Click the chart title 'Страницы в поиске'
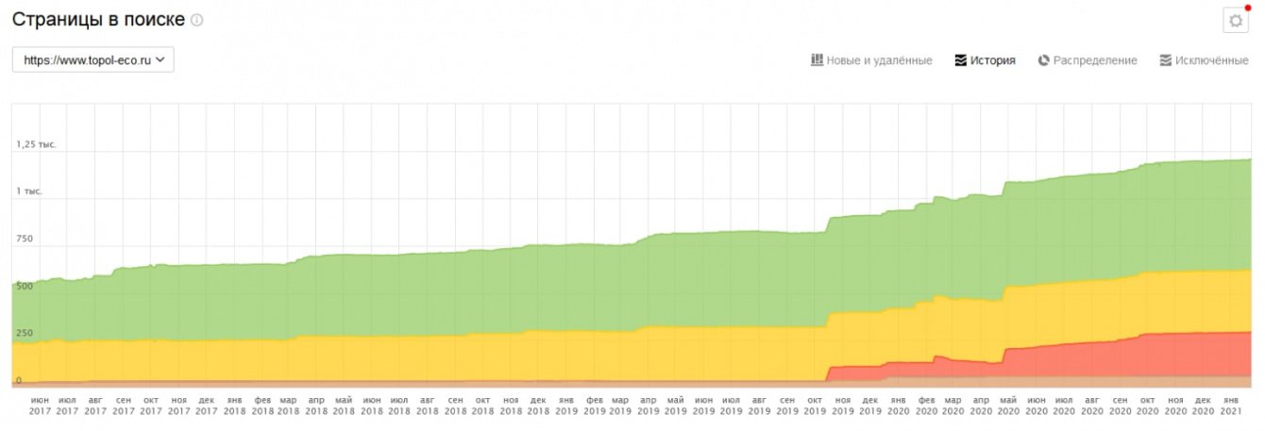(98, 19)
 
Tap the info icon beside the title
(197, 20)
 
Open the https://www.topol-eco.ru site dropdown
(93, 59)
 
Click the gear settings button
(1235, 21)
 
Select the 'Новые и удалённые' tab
(871, 60)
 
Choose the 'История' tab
(985, 60)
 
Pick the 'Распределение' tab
(1088, 60)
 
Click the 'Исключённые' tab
(1204, 60)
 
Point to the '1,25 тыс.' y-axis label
(36, 144)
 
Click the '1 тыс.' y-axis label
(29, 191)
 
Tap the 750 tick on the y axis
(24, 239)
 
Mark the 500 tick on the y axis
(24, 286)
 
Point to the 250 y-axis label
(24, 333)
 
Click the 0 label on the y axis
(18, 380)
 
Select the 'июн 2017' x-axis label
(40, 406)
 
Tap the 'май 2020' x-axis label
(1008, 406)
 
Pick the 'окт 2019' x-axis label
(815, 406)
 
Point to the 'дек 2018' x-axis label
(538, 406)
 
